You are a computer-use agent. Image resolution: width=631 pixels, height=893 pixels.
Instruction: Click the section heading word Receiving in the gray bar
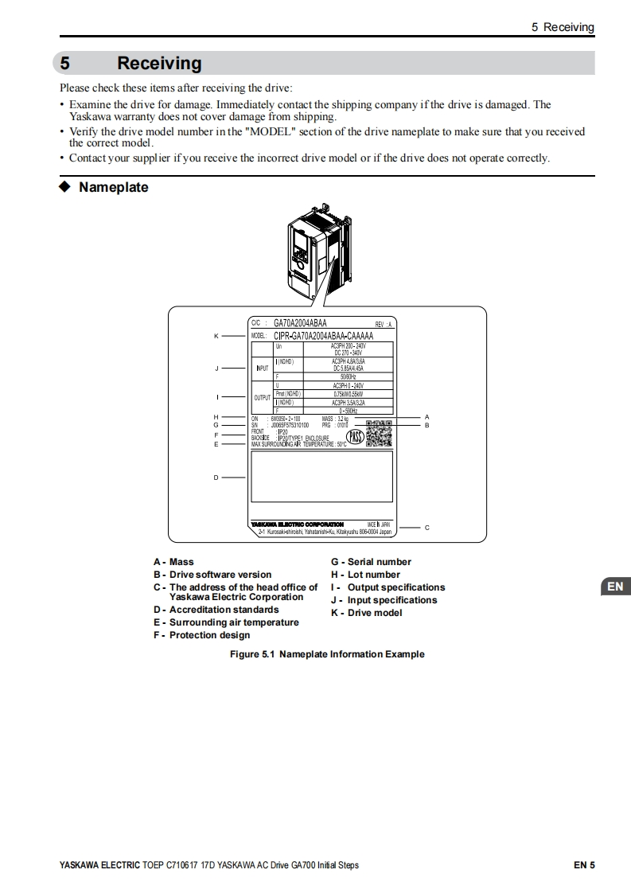tap(159, 63)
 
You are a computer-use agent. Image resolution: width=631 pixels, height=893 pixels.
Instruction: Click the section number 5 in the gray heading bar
tap(66, 63)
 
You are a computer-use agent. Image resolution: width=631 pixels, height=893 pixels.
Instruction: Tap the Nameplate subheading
tap(113, 188)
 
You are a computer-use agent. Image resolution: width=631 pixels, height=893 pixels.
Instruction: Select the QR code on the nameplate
tap(379, 433)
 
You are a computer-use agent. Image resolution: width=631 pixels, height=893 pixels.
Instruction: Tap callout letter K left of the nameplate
tap(216, 336)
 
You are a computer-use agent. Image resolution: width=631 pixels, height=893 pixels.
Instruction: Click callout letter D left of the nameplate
tap(216, 478)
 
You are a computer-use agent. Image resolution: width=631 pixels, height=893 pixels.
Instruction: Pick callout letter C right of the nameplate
tap(427, 527)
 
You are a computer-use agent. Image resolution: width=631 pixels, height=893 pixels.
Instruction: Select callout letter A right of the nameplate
tap(427, 417)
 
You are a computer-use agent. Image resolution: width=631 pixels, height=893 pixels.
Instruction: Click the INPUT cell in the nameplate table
tap(262, 369)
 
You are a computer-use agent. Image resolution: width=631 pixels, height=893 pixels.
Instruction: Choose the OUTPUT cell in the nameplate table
tap(262, 397)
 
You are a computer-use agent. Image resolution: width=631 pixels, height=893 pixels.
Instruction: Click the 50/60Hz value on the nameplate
tap(348, 376)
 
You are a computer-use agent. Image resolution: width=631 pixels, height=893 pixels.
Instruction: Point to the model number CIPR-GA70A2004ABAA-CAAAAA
tap(323, 336)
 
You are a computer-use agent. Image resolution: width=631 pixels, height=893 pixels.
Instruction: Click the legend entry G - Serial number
tap(371, 562)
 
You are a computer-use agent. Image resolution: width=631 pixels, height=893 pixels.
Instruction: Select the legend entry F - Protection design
tap(201, 635)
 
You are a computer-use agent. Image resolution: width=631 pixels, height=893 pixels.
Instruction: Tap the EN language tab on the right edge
tap(614, 587)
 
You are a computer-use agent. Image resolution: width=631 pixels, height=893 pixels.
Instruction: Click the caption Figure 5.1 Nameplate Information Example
tap(327, 654)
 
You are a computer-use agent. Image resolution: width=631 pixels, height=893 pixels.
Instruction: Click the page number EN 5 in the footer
tap(584, 865)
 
